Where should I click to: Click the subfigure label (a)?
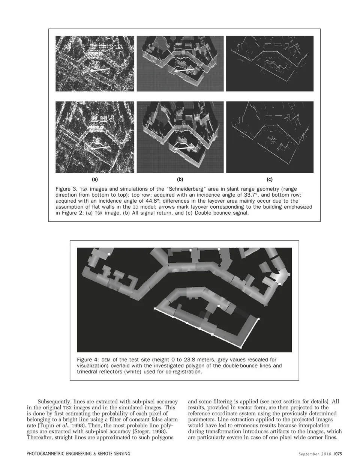(x=94, y=179)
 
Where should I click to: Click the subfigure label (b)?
(x=180, y=179)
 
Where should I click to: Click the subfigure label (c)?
(x=269, y=179)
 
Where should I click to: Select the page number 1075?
(x=337, y=454)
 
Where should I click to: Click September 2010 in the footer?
(x=315, y=454)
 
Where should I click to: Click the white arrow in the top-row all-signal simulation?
(x=184, y=70)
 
